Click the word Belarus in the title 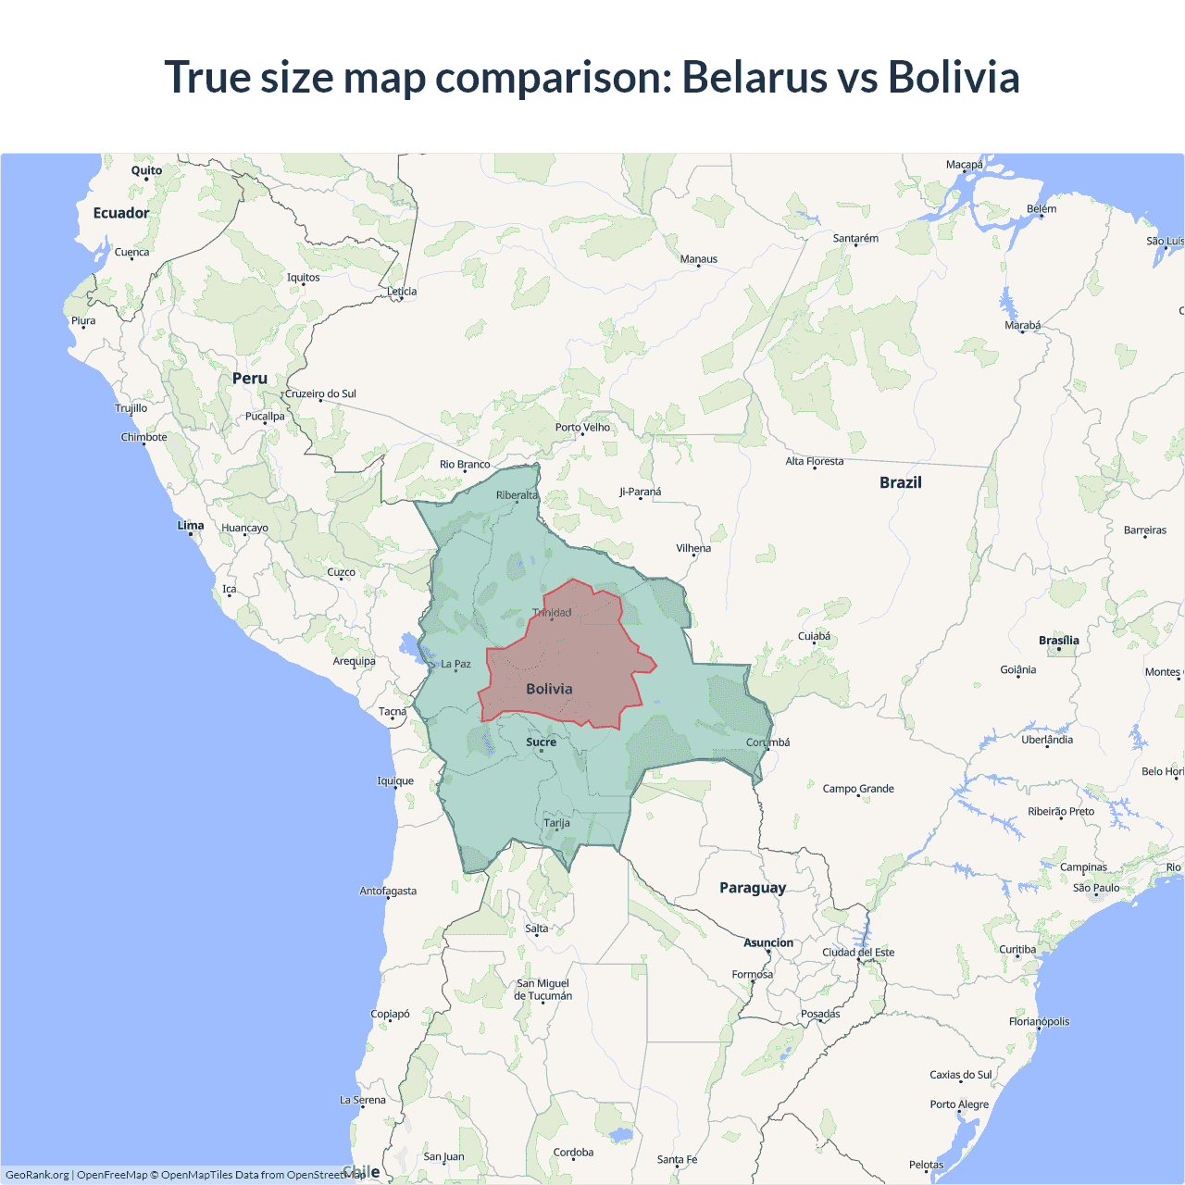pyautogui.click(x=754, y=77)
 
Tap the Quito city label pyautogui.click(x=146, y=170)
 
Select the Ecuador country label pyautogui.click(x=120, y=213)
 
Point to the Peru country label pyautogui.click(x=250, y=379)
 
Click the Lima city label pyautogui.click(x=191, y=525)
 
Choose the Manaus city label pyautogui.click(x=698, y=259)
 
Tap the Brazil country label pyautogui.click(x=900, y=482)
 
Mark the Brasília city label pyautogui.click(x=1058, y=641)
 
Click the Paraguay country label pyautogui.click(x=753, y=888)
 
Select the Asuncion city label pyautogui.click(x=768, y=942)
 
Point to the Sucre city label pyautogui.click(x=541, y=742)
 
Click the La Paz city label pyautogui.click(x=455, y=664)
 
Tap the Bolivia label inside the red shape pyautogui.click(x=549, y=689)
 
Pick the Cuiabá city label pyautogui.click(x=814, y=636)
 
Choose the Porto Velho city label pyautogui.click(x=582, y=427)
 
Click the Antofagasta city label pyautogui.click(x=388, y=891)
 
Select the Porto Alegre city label pyautogui.click(x=959, y=1104)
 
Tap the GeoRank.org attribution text pyautogui.click(x=37, y=1175)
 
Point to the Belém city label pyautogui.click(x=1042, y=208)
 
